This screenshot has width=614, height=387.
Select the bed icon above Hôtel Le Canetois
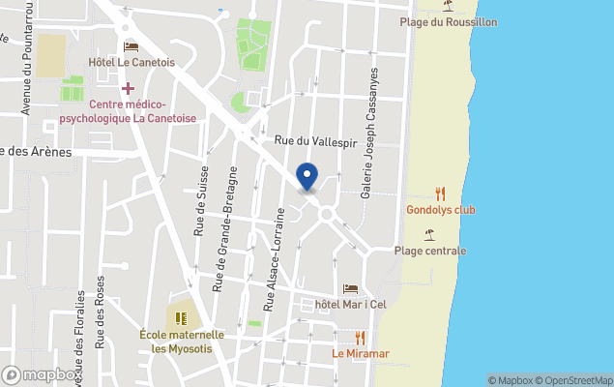(x=132, y=46)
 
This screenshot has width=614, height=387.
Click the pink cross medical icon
(x=127, y=88)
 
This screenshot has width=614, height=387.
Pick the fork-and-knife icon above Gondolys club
(x=441, y=193)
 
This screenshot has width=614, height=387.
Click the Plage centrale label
(x=430, y=251)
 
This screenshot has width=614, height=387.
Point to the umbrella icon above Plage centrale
(x=429, y=234)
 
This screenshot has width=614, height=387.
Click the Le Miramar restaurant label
(x=361, y=353)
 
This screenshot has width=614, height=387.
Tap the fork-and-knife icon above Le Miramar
(x=361, y=337)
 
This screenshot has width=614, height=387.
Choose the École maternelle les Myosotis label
(x=182, y=342)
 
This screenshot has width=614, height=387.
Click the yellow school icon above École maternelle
(x=180, y=316)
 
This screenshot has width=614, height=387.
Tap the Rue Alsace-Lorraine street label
(x=280, y=244)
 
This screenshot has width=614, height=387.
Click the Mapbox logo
(x=41, y=374)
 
